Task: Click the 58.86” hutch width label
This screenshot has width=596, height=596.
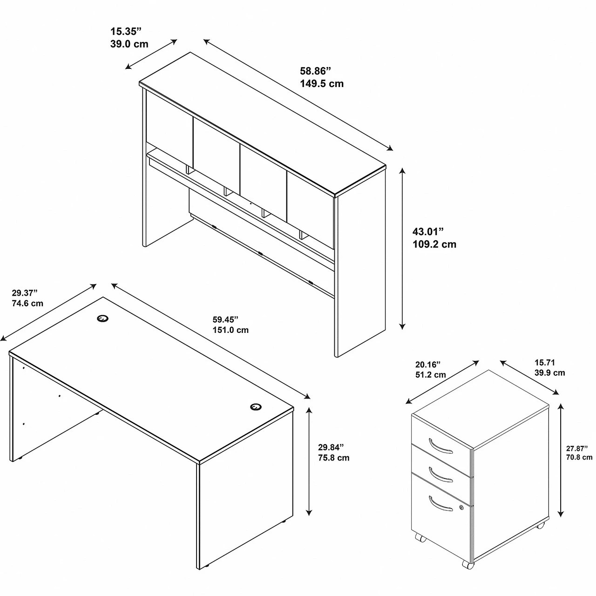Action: click(x=316, y=71)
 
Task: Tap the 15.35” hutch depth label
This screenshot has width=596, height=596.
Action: click(x=126, y=32)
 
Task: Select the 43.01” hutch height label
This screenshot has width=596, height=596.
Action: click(x=428, y=231)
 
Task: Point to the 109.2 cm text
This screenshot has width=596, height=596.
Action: click(x=434, y=244)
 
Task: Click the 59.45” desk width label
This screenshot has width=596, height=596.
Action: click(x=225, y=319)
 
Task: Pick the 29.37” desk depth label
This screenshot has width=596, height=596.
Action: click(x=25, y=292)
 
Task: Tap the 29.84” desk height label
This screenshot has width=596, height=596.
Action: click(x=331, y=447)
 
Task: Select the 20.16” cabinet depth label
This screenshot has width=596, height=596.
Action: click(x=428, y=365)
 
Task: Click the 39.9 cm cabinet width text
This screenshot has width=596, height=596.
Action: click(x=550, y=372)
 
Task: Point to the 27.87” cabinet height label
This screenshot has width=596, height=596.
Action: click(x=577, y=449)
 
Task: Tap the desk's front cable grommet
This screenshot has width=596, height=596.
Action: click(x=256, y=406)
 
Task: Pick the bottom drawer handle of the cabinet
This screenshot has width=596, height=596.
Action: click(x=440, y=503)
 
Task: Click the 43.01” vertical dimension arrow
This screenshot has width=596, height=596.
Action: click(x=402, y=249)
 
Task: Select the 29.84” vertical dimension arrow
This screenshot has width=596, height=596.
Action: click(x=309, y=461)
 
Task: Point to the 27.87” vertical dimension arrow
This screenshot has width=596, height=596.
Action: click(x=561, y=460)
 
